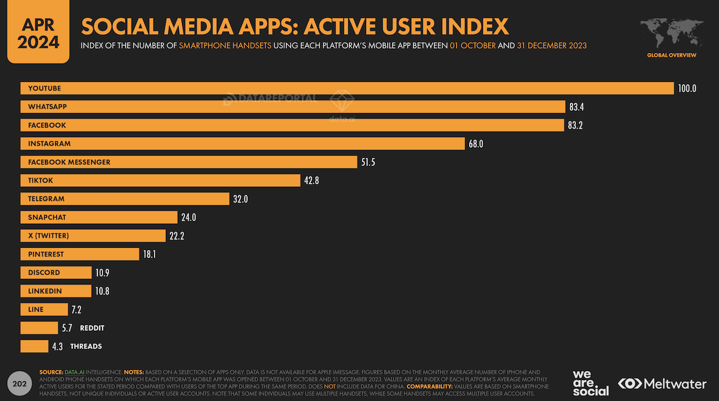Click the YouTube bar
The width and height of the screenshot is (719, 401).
click(x=348, y=89)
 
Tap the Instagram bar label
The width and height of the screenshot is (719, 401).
click(x=49, y=144)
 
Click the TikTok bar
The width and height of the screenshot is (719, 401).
click(x=160, y=180)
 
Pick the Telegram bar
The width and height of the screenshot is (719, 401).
click(x=125, y=199)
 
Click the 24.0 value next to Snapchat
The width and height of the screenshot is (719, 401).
click(x=189, y=217)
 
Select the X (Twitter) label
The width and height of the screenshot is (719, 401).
click(x=49, y=236)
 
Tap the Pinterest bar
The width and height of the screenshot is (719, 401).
click(x=80, y=254)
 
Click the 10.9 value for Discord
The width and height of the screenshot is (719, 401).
click(x=102, y=273)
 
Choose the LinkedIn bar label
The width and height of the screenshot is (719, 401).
click(x=45, y=291)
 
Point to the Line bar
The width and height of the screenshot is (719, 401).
click(x=44, y=309)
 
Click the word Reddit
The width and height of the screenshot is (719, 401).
click(x=92, y=328)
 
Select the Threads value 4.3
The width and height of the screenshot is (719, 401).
click(x=58, y=347)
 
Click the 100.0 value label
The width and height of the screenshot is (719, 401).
click(x=687, y=89)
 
